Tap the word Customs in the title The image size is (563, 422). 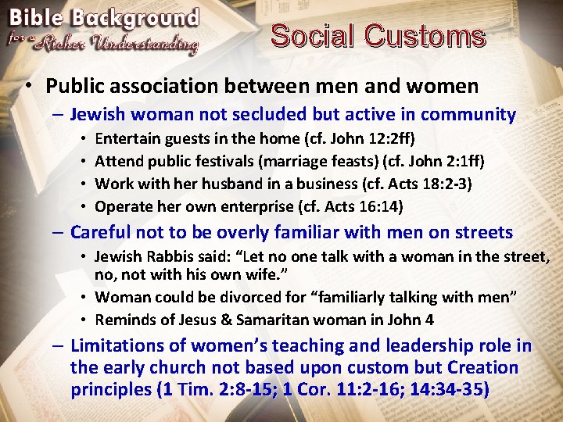tap(425, 36)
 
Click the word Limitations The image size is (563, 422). tap(118, 346)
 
